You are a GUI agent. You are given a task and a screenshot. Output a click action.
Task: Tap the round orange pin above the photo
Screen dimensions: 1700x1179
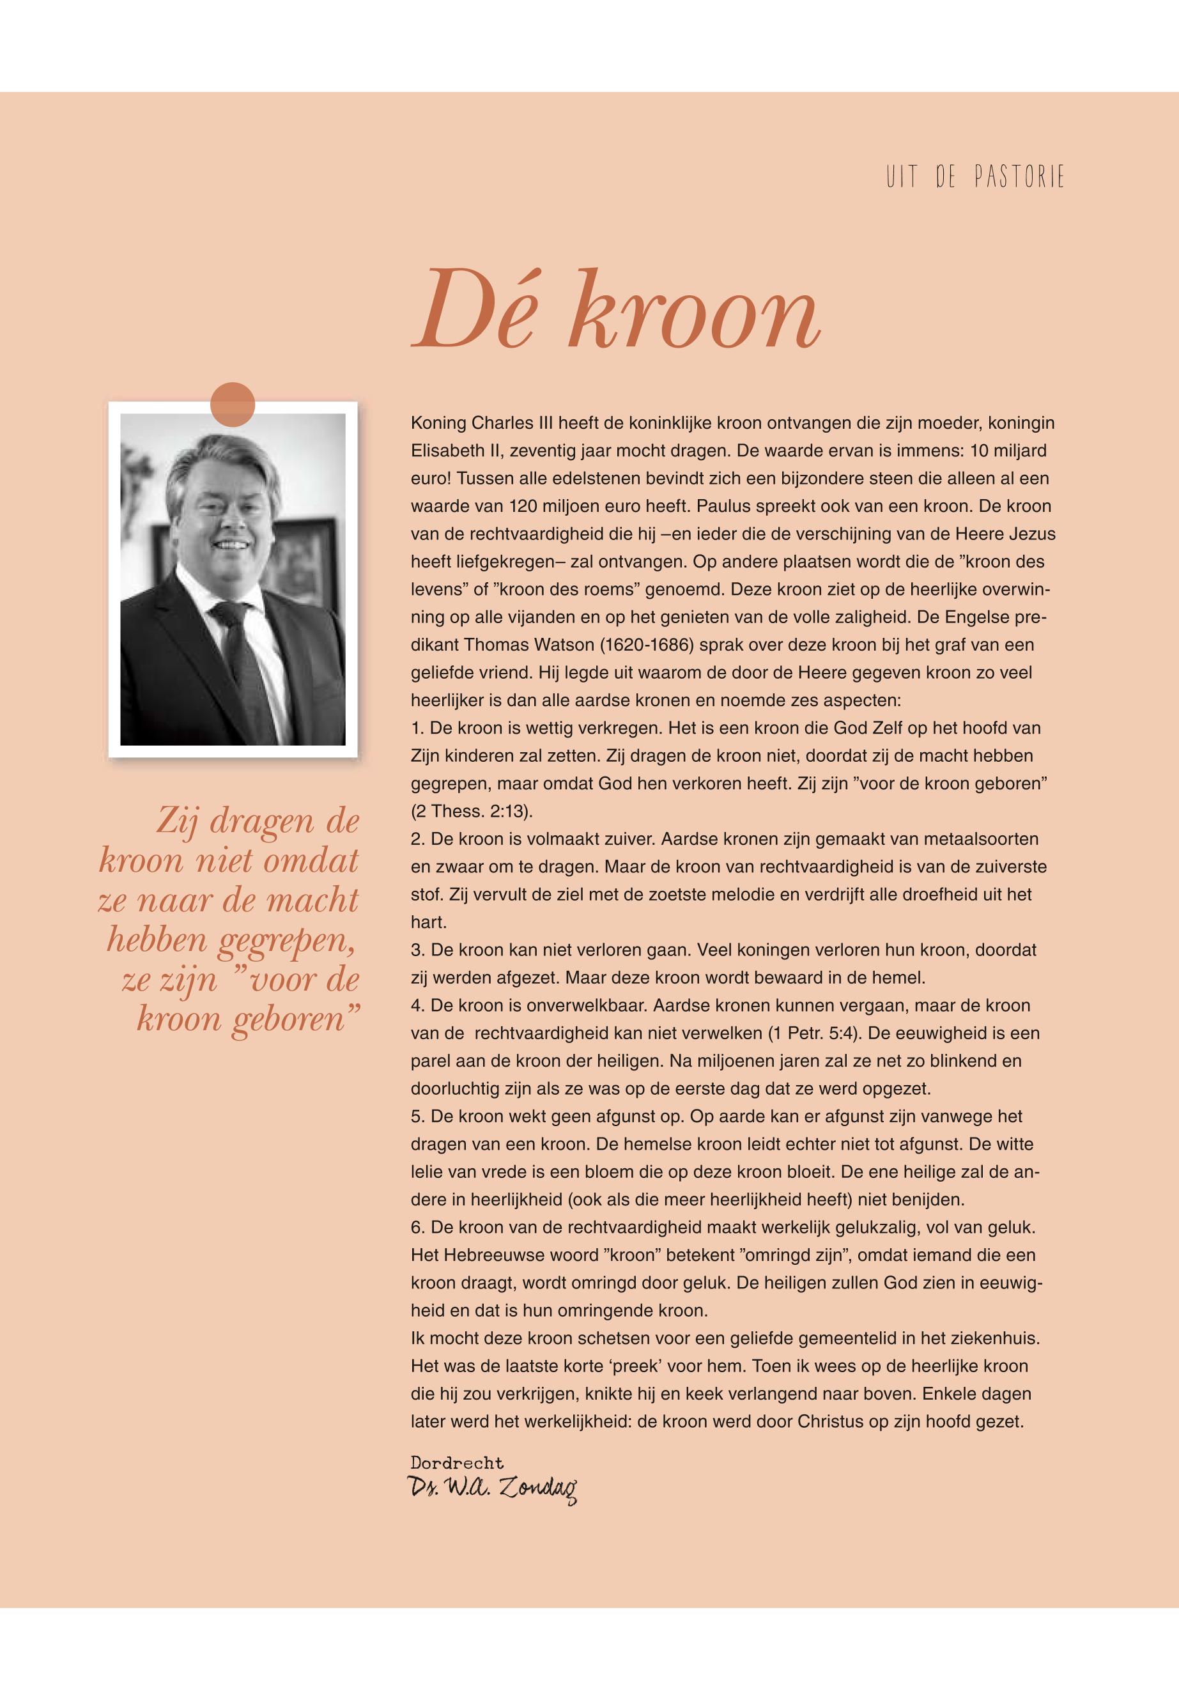tap(233, 405)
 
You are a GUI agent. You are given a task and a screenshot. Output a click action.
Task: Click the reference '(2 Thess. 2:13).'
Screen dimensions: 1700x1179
tap(472, 811)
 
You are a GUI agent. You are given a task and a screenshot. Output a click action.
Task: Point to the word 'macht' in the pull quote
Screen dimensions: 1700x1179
tap(322, 900)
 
